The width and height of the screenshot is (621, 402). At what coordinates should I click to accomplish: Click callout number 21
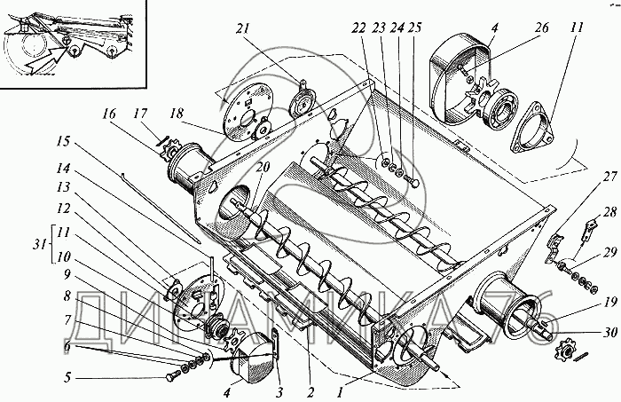click(244, 29)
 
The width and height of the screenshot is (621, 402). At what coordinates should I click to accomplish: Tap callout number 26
click(541, 28)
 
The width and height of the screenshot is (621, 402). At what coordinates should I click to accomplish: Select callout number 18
click(177, 114)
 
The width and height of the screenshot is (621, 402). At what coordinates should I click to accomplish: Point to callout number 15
click(62, 141)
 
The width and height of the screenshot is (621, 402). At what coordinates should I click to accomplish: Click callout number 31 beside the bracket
click(39, 245)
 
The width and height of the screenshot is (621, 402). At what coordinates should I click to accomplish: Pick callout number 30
click(610, 332)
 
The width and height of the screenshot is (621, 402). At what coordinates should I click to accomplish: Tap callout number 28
click(609, 212)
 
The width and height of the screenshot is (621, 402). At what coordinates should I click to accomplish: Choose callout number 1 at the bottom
click(340, 392)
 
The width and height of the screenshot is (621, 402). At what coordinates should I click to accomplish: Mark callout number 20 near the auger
click(262, 167)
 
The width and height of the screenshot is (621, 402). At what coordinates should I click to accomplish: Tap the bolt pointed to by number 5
click(173, 376)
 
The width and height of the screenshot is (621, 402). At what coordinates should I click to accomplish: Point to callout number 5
click(67, 377)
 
